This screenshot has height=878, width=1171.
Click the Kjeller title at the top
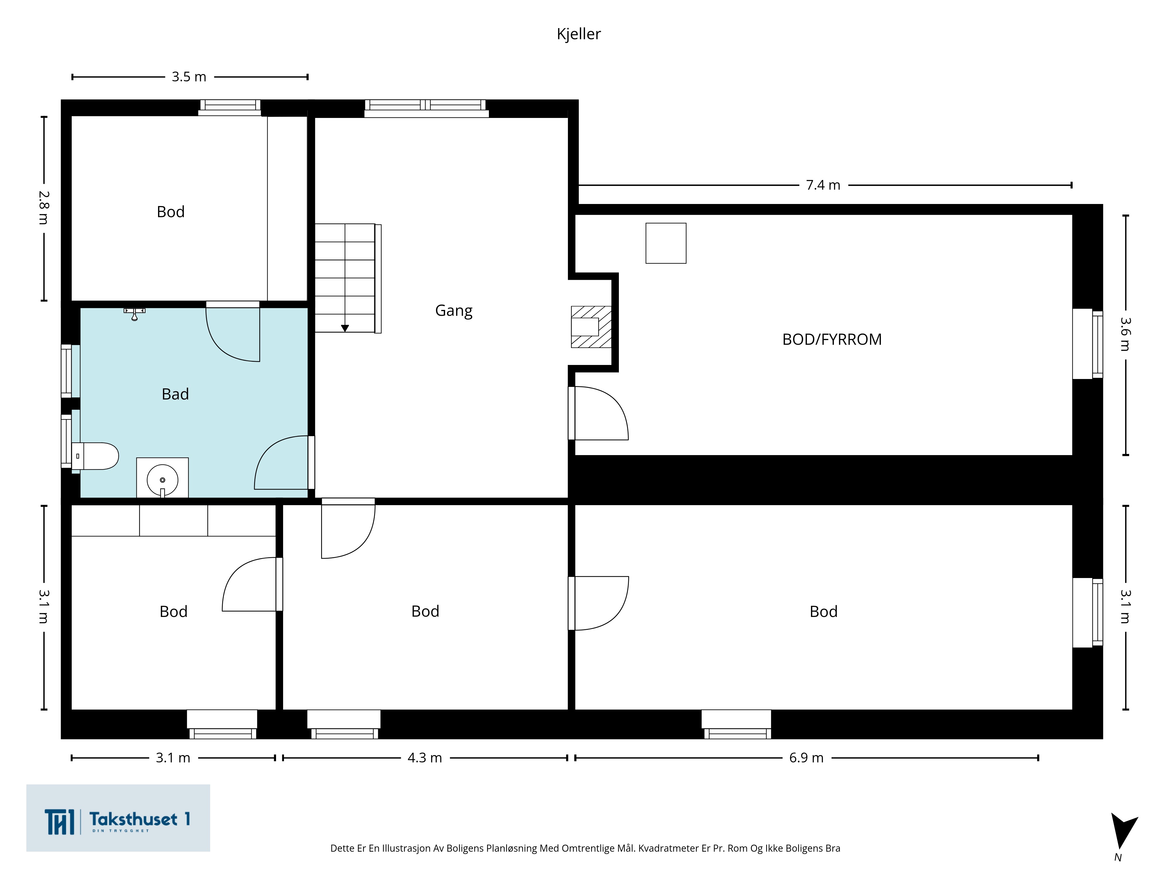click(578, 34)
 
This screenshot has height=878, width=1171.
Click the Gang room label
click(454, 311)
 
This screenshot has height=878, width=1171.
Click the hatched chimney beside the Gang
click(591, 327)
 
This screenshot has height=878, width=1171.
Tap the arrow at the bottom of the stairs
click(345, 328)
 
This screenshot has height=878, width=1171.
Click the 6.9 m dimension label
click(806, 758)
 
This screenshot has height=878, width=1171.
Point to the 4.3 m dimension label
click(424, 758)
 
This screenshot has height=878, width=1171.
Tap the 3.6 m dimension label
click(1125, 334)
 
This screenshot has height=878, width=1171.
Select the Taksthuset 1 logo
click(118, 818)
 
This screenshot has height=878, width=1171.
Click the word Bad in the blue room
click(175, 394)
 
